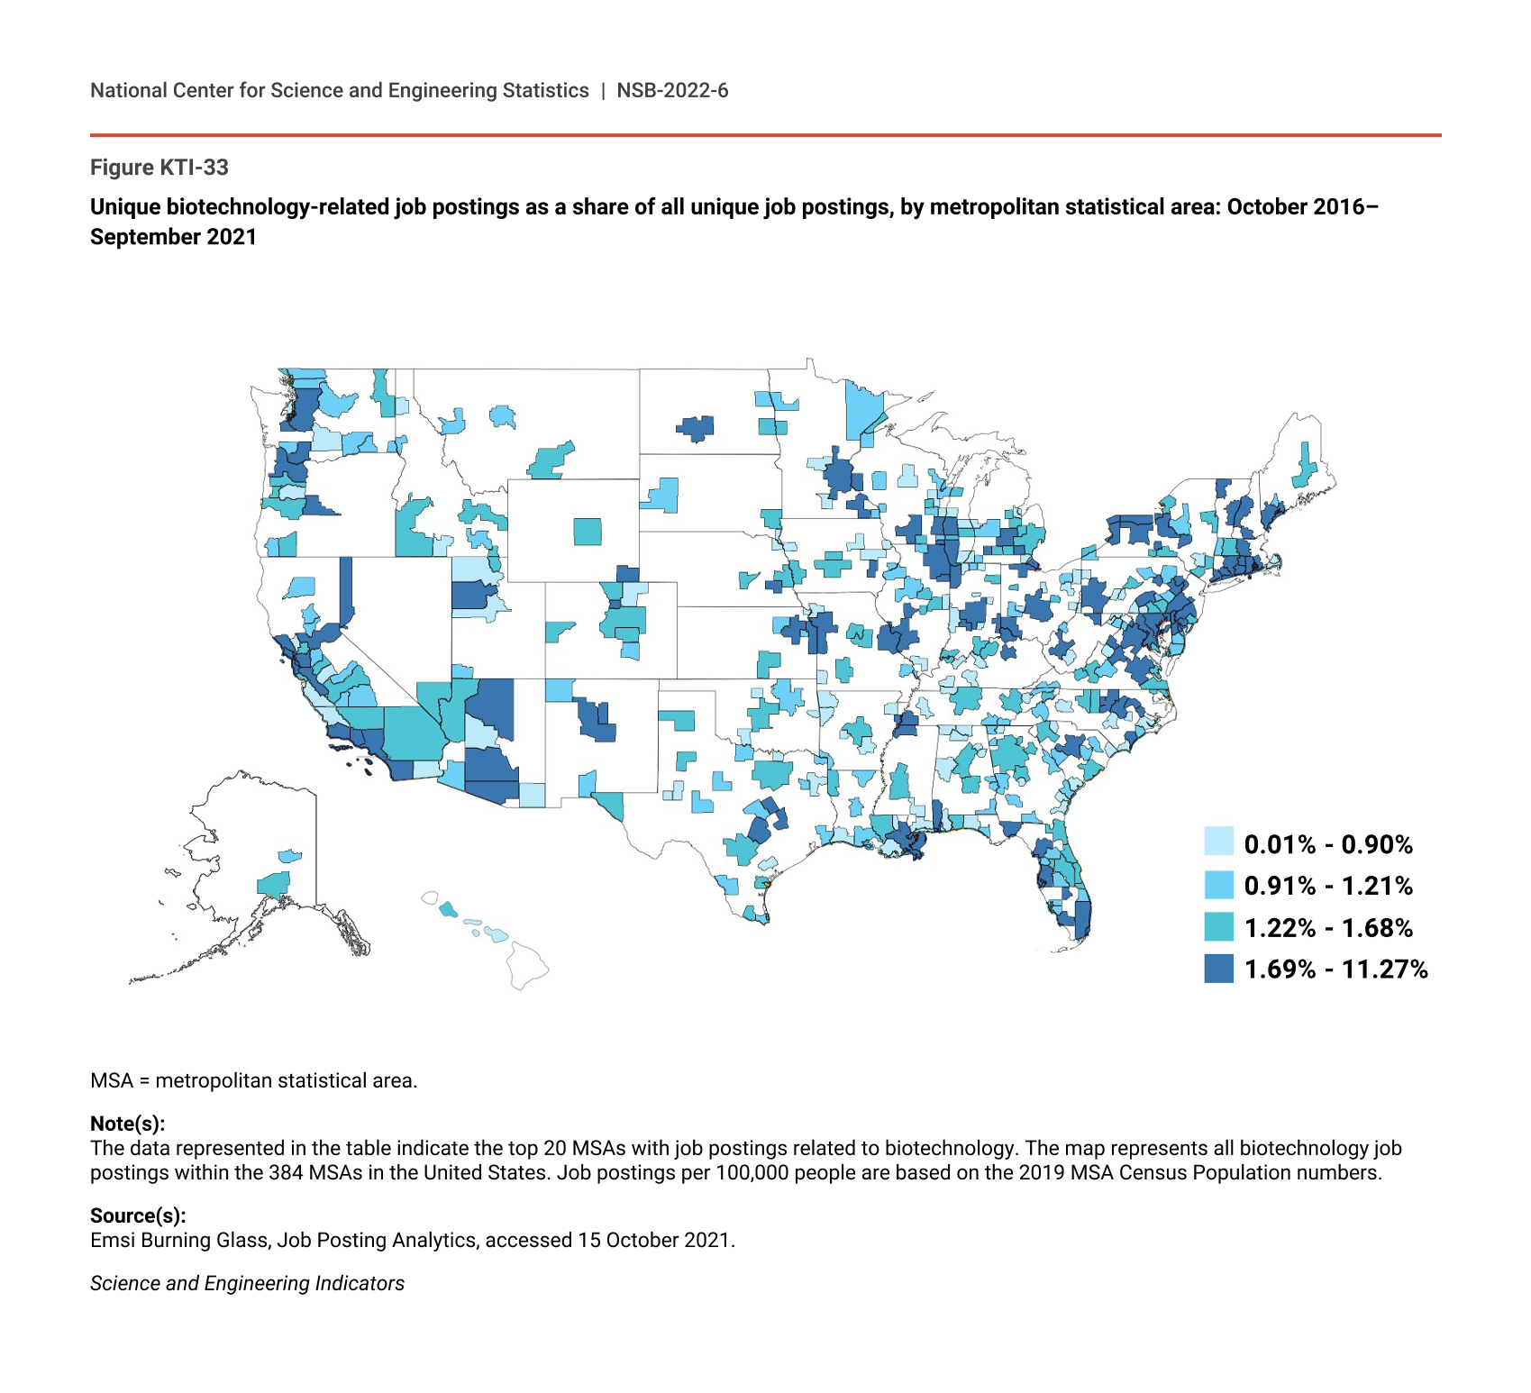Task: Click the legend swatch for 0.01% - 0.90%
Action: tap(1218, 842)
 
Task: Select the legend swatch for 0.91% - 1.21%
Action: tap(1218, 884)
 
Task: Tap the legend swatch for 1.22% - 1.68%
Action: tap(1218, 926)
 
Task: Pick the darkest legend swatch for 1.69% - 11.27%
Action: tap(1218, 969)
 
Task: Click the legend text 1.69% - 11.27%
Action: tap(1335, 970)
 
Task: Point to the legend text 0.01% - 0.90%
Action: tap(1328, 844)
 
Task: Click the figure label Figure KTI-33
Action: tap(159, 168)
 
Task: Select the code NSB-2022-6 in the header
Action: tap(672, 91)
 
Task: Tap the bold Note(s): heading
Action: tap(127, 1124)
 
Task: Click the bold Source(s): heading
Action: tap(138, 1215)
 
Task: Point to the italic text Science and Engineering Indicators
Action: tap(247, 1283)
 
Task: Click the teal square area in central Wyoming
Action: tap(588, 532)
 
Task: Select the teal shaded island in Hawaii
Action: tap(448, 909)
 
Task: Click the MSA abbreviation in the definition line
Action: tap(112, 1080)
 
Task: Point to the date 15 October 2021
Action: tap(654, 1240)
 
